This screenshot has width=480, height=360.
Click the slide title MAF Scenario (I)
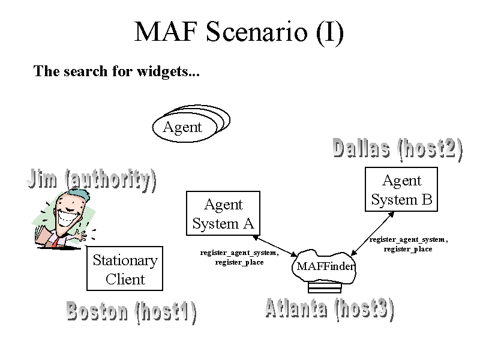tap(239, 32)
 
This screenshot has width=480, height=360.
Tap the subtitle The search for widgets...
tap(116, 71)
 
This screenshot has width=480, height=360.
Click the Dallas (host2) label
tap(398, 149)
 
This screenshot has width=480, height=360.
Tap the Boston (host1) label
tap(131, 312)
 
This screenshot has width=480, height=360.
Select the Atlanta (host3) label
tap(329, 309)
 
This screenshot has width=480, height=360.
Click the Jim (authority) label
tap(92, 180)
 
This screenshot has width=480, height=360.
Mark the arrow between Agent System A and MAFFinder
tap(275, 246)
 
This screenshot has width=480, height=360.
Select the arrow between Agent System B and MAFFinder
tap(372, 233)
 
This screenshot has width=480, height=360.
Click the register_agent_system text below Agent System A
tap(239, 253)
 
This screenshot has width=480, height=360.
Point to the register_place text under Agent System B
tap(408, 249)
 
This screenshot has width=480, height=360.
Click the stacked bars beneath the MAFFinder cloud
tap(325, 288)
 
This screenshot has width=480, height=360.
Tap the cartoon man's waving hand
tap(82, 235)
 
